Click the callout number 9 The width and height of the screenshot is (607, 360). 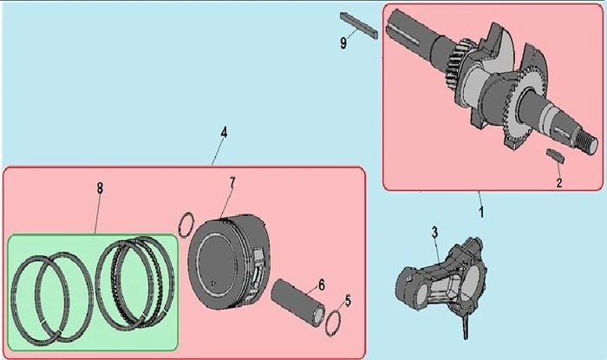click(x=343, y=43)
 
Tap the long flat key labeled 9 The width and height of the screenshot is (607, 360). click(x=359, y=25)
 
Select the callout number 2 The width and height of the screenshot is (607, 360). click(x=559, y=182)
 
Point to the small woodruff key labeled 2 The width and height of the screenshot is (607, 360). click(x=555, y=154)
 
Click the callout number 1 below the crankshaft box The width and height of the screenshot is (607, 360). click(x=481, y=212)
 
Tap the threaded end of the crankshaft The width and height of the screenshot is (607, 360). click(x=584, y=142)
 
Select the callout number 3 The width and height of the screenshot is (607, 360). click(x=434, y=232)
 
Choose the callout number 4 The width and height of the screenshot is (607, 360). click(x=224, y=133)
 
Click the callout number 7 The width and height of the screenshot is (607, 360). click(x=232, y=182)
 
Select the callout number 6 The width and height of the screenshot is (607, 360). click(x=322, y=285)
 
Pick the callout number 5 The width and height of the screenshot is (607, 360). click(x=348, y=300)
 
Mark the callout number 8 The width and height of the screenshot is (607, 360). click(x=100, y=188)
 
